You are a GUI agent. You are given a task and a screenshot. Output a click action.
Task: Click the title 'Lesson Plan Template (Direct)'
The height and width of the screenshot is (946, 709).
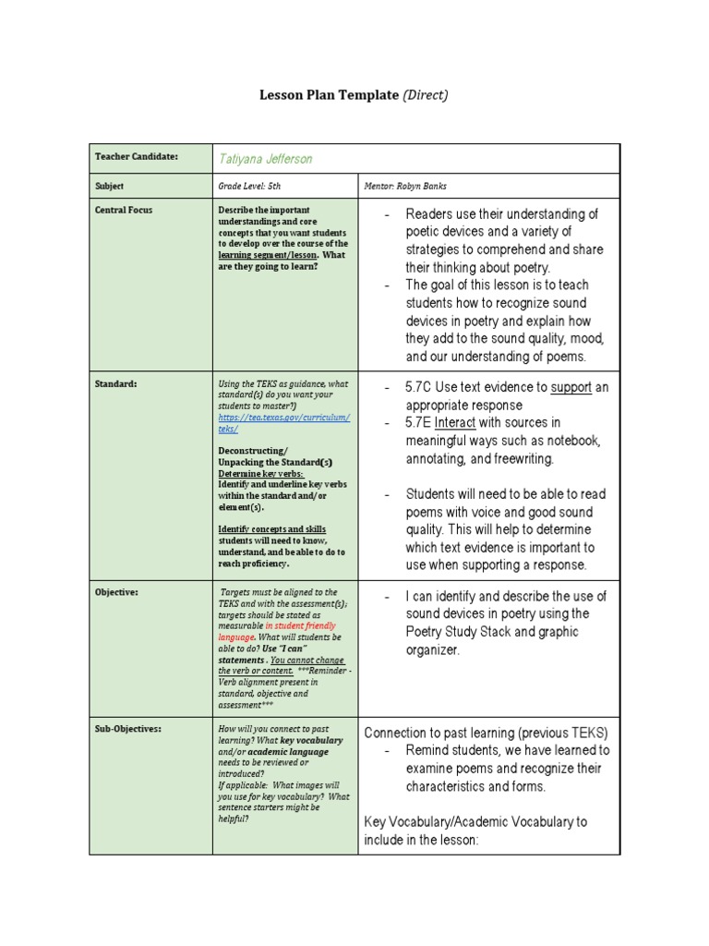pyautogui.click(x=354, y=95)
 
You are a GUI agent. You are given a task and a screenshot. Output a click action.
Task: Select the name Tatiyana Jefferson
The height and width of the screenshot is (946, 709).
pyautogui.click(x=265, y=159)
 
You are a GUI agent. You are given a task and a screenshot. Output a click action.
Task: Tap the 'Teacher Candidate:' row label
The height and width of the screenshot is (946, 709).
pyautogui.click(x=136, y=157)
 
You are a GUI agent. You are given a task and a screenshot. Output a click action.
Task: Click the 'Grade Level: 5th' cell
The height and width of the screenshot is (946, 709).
pyautogui.click(x=249, y=186)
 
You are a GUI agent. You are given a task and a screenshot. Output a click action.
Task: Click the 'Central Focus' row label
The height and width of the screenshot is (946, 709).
pyautogui.click(x=124, y=210)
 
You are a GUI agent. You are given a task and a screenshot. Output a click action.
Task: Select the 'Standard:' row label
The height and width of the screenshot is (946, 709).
pyautogui.click(x=115, y=383)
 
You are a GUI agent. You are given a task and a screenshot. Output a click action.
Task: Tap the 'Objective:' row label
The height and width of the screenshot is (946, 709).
pyautogui.click(x=117, y=592)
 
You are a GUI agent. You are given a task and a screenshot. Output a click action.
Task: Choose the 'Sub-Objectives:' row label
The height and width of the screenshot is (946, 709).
pyautogui.click(x=127, y=729)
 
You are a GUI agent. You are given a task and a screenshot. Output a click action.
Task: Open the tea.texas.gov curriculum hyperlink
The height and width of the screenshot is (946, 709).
pyautogui.click(x=283, y=423)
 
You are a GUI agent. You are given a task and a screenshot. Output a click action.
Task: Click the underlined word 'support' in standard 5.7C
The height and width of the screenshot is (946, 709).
pyautogui.click(x=571, y=387)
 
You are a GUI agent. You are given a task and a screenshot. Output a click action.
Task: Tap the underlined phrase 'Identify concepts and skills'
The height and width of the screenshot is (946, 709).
pyautogui.click(x=271, y=529)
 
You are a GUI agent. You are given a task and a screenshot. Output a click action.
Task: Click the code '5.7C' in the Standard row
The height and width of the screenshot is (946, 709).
pyautogui.click(x=423, y=387)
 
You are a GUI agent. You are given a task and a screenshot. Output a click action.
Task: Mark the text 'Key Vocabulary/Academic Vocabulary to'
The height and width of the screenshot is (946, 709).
pyautogui.click(x=475, y=821)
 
